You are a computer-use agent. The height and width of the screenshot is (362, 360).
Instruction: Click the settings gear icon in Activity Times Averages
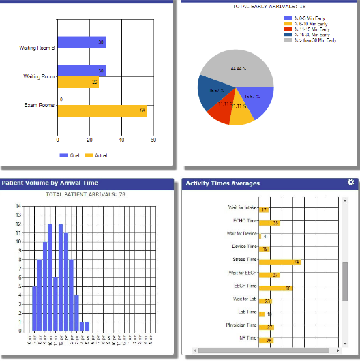350,183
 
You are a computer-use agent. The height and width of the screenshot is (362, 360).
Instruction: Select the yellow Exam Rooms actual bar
102,111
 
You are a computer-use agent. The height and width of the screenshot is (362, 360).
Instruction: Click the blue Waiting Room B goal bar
81,42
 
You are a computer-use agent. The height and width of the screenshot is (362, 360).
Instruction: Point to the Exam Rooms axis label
40,105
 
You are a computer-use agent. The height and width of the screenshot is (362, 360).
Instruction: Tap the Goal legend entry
70,155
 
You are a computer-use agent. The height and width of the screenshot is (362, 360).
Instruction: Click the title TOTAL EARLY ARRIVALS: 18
269,7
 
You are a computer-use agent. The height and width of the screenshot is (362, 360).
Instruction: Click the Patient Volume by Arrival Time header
50,183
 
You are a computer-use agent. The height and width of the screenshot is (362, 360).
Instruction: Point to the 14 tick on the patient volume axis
18,206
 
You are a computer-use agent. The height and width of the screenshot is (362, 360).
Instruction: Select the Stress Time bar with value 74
280,262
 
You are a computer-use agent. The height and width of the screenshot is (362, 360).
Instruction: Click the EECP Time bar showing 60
276,288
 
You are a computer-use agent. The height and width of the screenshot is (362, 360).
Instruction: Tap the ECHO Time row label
245,221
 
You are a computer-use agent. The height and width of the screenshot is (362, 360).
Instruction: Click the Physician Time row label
241,325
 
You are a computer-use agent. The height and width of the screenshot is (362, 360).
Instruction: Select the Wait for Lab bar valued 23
266,301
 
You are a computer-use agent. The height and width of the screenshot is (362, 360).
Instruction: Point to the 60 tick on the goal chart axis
153,140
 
